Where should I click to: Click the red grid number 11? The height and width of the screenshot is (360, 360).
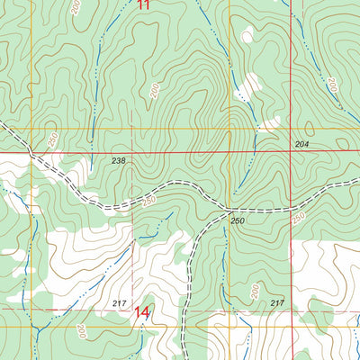pos(144,4)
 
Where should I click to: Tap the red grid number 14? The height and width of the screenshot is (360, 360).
pos(142,313)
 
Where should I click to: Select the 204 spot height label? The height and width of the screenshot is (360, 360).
pos(301,144)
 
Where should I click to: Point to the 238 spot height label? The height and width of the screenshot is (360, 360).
pos(118,161)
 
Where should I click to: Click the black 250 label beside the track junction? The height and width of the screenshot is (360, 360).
pos(237,220)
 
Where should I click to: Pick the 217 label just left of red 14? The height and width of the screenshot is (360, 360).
pos(120,302)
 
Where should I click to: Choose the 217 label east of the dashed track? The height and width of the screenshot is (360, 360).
pos(276,303)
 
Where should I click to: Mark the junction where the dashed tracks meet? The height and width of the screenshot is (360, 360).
pos(229,212)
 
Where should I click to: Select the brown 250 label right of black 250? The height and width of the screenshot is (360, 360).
pos(298,219)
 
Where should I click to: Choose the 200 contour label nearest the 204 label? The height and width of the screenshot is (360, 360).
pos(330,85)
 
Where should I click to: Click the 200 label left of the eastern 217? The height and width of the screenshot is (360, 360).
pos(254,291)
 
